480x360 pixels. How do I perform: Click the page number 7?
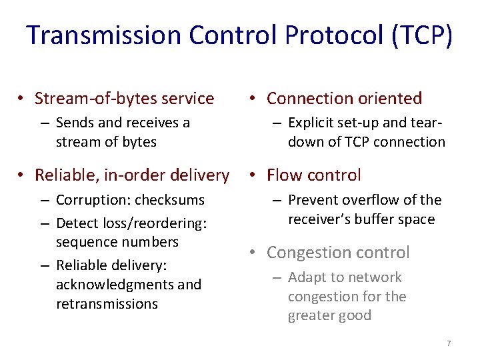[449, 343]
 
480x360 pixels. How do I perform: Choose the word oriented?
[388, 99]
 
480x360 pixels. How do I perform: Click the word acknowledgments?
[110, 285]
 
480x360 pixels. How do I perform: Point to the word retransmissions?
[107, 304]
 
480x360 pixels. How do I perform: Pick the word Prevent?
[312, 200]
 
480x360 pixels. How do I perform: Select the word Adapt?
[306, 277]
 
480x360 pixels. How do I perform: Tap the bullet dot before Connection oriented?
[253, 99]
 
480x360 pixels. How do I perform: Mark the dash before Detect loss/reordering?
[44, 223]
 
